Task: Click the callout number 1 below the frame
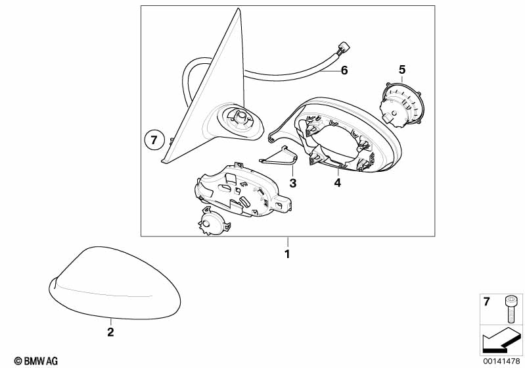pos(287,254)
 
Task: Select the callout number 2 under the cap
pos(110,332)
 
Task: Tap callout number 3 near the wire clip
pos(293,183)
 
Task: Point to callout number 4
pos(338,183)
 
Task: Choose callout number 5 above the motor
pos(402,70)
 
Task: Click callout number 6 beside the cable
pos(344,70)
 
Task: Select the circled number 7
pos(154,140)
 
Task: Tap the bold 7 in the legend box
pos(486,302)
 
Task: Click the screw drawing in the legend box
pos(511,309)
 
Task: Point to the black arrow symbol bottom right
pos(501,340)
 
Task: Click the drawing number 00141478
pos(501,361)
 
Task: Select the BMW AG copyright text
pos(36,361)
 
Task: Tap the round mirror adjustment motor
pos(401,105)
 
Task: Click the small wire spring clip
pos(279,157)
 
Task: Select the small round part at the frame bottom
pos(214,222)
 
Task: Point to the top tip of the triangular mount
pos(238,9)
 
